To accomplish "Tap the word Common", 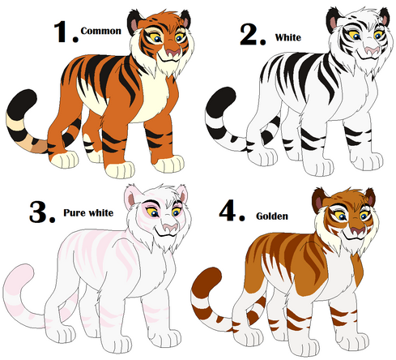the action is click(101, 31).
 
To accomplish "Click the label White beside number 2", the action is click(288, 37).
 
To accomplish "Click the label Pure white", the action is click(88, 213).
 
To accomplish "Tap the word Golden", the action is click(272, 216).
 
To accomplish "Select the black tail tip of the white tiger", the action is click(221, 102).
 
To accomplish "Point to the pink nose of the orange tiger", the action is click(172, 52).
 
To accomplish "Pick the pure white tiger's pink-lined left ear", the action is click(132, 197).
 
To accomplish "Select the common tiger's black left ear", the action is click(134, 23).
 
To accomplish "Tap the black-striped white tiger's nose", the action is click(373, 50).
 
